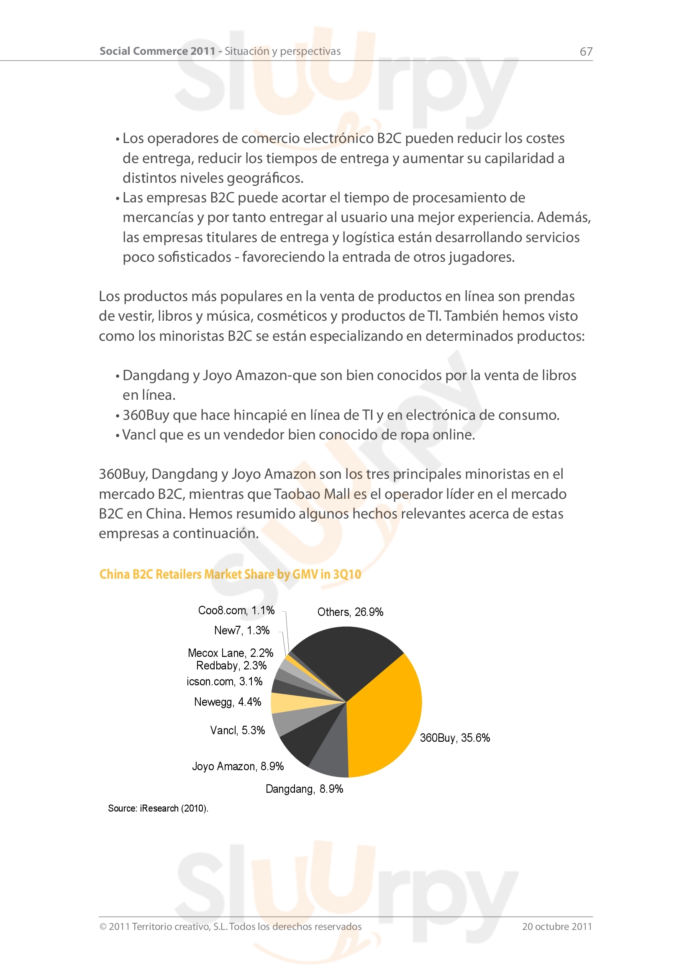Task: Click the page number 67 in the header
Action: tap(586, 51)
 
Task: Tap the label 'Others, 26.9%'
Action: tap(350, 612)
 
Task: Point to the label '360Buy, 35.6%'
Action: tap(455, 738)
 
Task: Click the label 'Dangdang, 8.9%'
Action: tap(304, 789)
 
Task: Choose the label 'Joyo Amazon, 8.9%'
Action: tap(238, 766)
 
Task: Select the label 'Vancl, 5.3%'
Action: tap(237, 730)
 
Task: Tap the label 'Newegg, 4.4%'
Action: tap(228, 702)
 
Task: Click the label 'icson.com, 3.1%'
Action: tap(225, 682)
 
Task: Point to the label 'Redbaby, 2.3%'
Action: tap(231, 666)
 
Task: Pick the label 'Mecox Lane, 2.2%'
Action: tap(231, 653)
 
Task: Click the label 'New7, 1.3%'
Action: tap(241, 631)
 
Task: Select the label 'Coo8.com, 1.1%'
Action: tap(236, 610)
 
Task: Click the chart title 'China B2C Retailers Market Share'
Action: tap(230, 574)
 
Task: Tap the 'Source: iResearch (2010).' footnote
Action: tap(158, 809)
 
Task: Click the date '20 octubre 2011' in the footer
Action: tap(557, 927)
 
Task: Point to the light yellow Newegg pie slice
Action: tap(285, 703)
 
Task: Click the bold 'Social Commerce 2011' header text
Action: tap(157, 51)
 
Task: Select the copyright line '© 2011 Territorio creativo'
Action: tap(230, 927)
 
